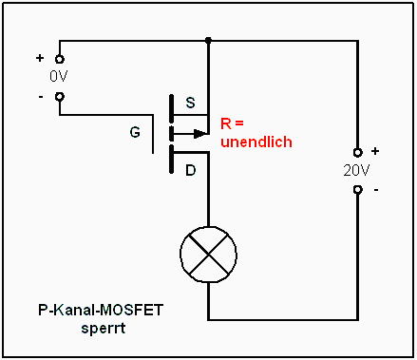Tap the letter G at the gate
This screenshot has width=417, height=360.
[135, 132]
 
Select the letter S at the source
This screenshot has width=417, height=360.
[190, 104]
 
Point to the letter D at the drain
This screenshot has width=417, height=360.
[190, 171]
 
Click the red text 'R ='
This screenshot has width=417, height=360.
[233, 123]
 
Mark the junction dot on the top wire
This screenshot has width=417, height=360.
[207, 42]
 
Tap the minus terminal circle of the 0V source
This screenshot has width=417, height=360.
[59, 96]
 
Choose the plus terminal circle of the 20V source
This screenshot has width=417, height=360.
[357, 153]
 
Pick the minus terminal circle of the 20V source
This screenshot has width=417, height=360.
[357, 189]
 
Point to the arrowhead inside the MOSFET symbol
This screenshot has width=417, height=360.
[199, 133]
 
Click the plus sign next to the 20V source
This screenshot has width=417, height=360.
[374, 151]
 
